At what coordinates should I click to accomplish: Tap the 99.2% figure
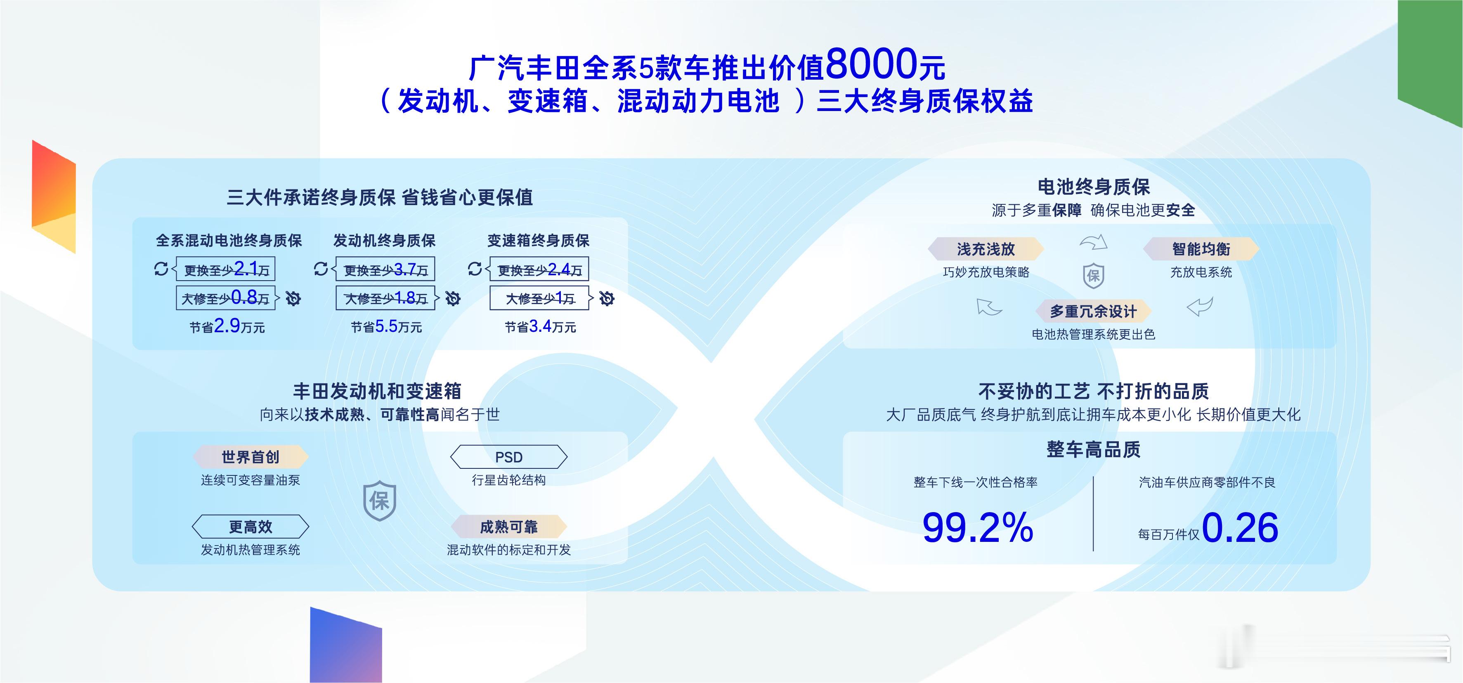(977, 527)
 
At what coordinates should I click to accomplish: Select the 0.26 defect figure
(1240, 527)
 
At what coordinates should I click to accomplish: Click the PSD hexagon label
(509, 457)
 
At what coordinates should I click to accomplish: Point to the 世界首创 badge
(251, 457)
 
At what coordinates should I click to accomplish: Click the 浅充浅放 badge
(986, 249)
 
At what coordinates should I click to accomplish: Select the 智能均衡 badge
(1201, 249)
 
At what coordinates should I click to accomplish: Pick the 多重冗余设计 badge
(1093, 312)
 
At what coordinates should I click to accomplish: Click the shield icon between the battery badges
(1093, 277)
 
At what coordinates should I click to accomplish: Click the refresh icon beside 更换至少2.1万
(161, 269)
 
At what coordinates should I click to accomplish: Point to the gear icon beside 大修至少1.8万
(453, 298)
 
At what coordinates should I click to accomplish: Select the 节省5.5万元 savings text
(386, 326)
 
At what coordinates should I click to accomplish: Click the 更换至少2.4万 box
(539, 269)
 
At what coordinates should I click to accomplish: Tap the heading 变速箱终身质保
(539, 241)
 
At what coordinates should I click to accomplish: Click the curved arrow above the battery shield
(1093, 242)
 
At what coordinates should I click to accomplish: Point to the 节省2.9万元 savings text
(227, 326)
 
